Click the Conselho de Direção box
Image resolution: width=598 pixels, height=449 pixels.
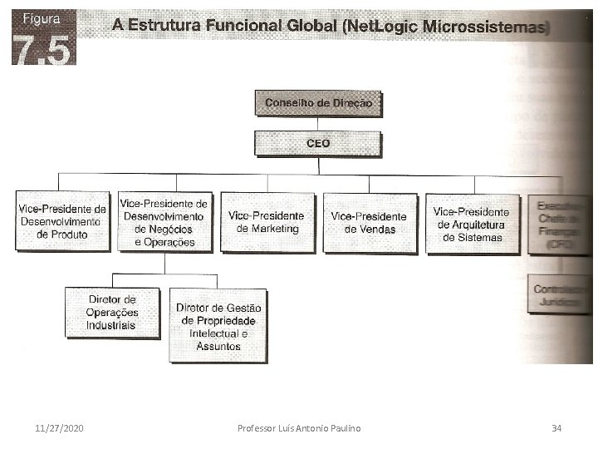tap(318, 103)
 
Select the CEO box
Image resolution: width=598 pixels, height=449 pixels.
tap(318, 143)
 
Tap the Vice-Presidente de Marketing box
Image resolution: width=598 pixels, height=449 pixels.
tap(267, 222)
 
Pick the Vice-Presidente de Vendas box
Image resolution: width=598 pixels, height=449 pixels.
tap(370, 223)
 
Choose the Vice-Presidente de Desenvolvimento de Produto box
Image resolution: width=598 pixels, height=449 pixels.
tap(62, 221)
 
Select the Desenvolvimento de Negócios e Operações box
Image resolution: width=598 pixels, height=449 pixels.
tap(164, 222)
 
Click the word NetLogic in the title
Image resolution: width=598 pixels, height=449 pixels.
tap(377, 27)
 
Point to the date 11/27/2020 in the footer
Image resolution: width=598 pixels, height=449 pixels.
tap(59, 428)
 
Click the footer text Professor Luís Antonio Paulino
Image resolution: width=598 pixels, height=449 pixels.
tap(299, 428)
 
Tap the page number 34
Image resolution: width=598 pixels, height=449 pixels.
tap(556, 428)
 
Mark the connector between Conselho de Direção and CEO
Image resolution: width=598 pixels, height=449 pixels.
tap(318, 123)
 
